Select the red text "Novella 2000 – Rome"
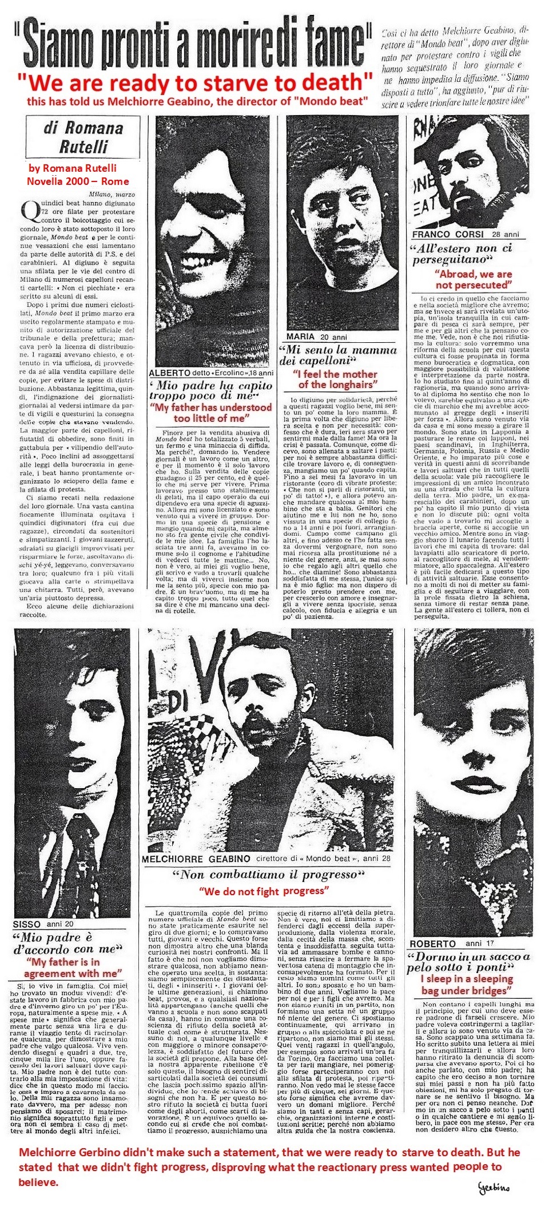point(78,181)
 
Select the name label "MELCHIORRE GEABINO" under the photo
point(196,859)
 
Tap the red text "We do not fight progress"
point(264,891)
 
